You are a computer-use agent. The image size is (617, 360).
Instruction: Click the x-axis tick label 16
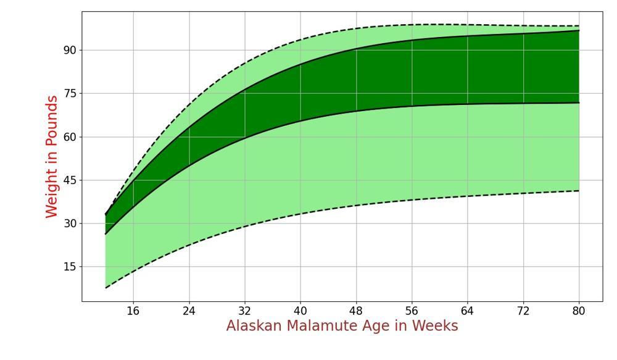click(x=133, y=311)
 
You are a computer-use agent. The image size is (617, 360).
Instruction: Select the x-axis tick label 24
click(x=189, y=311)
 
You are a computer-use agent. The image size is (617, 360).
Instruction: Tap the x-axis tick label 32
click(x=245, y=311)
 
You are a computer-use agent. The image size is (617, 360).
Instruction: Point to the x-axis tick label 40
click(x=300, y=311)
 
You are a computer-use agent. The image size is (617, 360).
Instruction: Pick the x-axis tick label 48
click(x=356, y=311)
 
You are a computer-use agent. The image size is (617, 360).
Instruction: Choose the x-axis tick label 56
click(x=412, y=311)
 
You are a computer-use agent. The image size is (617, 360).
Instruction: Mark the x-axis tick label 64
click(x=468, y=311)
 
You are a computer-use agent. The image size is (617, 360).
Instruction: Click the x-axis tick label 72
click(x=523, y=311)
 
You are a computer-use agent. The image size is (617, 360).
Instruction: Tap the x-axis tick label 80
click(x=579, y=311)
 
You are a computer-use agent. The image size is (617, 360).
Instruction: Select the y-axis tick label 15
click(x=69, y=267)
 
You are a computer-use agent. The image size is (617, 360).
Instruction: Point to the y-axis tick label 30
click(x=69, y=224)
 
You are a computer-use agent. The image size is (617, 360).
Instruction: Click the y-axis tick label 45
click(x=69, y=180)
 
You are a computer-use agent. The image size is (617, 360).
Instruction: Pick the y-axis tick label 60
click(x=69, y=137)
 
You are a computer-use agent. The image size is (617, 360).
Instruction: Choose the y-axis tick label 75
click(x=69, y=94)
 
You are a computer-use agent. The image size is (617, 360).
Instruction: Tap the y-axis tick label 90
click(x=69, y=51)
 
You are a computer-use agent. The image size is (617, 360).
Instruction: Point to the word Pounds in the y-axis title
click(x=52, y=121)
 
